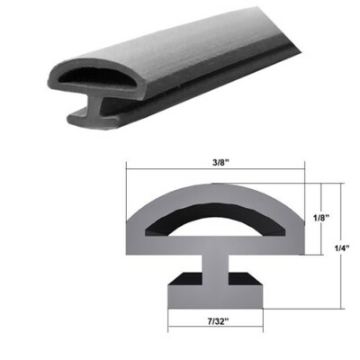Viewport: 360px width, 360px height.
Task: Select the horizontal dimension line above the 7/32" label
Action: tap(215, 309)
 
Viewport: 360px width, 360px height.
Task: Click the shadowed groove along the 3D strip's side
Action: tap(198, 76)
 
